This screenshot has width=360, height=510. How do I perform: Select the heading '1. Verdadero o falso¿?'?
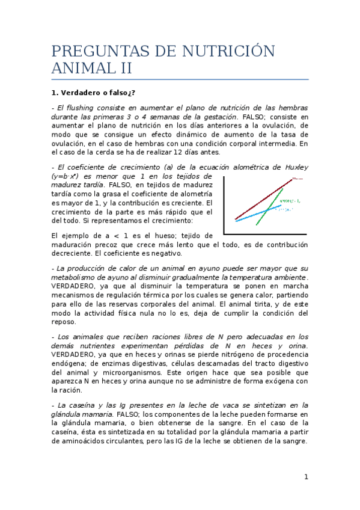93,93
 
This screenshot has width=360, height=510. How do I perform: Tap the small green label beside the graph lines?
290,200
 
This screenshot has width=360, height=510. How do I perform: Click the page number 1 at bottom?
306,477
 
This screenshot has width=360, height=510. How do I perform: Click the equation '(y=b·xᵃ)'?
67,176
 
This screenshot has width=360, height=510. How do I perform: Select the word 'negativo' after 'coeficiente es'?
156,253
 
